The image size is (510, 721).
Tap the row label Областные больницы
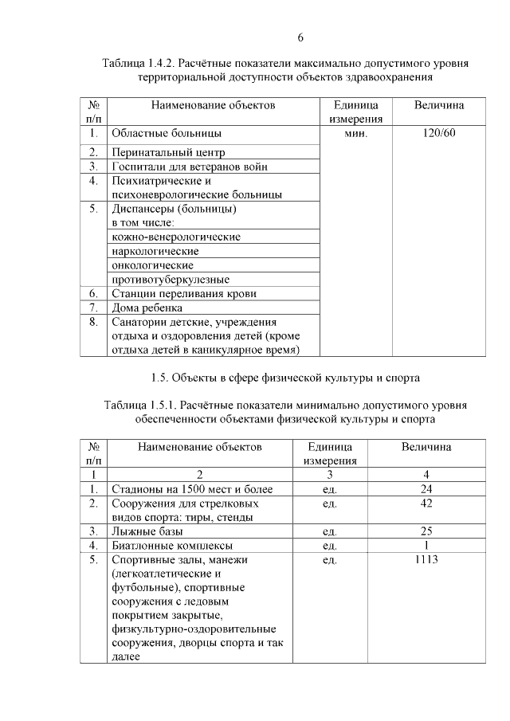167,133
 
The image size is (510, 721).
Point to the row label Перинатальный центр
169,152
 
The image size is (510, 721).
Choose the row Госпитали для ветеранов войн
189,167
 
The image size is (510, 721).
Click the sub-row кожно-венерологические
176,237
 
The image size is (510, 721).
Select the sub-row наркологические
155,251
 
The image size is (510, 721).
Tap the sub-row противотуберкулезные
171,280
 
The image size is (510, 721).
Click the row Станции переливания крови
184,293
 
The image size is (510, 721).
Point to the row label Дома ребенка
147,308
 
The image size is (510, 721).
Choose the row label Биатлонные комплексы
172,546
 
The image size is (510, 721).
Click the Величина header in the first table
440,105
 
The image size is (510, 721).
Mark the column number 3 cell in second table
329,475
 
